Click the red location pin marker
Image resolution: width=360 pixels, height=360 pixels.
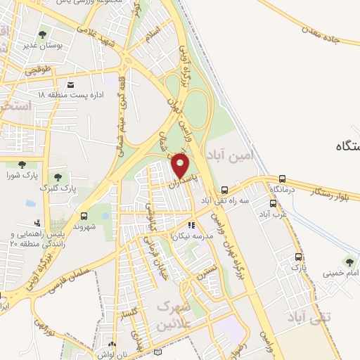tap(181, 166)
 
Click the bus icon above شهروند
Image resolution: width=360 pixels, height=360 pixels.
tap(84, 216)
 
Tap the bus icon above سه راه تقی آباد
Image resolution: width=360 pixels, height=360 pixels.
tap(224, 190)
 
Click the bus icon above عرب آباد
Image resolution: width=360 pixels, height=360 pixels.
tap(272, 203)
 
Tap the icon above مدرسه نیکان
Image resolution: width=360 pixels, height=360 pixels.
tap(191, 226)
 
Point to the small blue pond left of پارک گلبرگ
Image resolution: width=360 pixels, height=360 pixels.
tap(30, 203)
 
